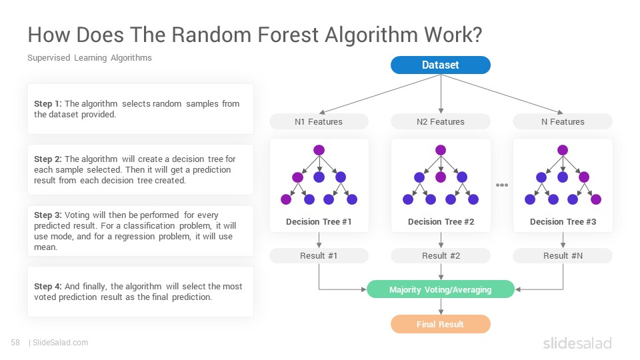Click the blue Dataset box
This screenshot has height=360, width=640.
click(x=441, y=65)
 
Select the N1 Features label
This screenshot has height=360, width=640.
click(x=319, y=121)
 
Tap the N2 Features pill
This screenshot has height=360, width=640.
click(x=441, y=121)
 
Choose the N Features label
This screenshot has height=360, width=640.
click(x=563, y=121)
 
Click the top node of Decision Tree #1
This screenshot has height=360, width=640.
click(x=319, y=150)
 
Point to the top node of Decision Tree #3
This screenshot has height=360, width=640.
click(x=563, y=150)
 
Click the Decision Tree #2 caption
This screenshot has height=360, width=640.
click(x=441, y=221)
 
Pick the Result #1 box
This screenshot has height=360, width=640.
click(x=319, y=255)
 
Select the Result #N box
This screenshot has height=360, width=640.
click(x=563, y=255)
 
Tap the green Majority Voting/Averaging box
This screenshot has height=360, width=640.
click(x=441, y=289)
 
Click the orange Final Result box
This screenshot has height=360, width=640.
click(x=441, y=324)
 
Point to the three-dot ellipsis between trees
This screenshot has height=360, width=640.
click(x=501, y=185)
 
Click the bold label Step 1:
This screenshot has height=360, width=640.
click(x=48, y=104)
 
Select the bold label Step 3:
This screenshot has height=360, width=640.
click(x=48, y=215)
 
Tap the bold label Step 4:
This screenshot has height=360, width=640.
click(x=48, y=287)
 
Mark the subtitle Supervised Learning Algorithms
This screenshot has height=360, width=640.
click(x=89, y=58)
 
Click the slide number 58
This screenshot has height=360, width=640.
click(x=15, y=343)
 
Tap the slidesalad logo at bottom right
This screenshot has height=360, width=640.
click(x=577, y=343)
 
